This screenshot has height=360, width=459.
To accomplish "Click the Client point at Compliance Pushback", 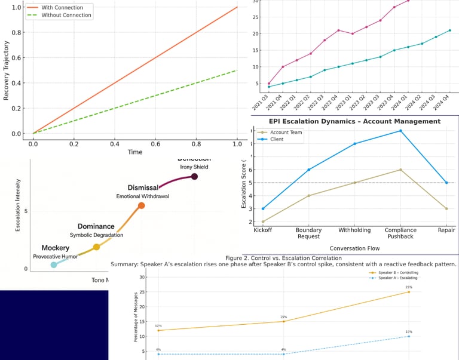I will click(400, 131).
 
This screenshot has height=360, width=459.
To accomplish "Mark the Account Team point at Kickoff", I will click(263, 221).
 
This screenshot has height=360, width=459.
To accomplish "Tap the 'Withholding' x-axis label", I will click(355, 230).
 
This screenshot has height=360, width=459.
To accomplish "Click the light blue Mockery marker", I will click(53, 264).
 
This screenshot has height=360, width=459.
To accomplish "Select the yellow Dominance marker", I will click(96, 247).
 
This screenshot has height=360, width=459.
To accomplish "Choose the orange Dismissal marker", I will click(141, 205).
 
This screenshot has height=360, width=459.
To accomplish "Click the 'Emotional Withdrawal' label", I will click(144, 196).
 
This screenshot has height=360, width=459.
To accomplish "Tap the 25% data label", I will click(409, 287).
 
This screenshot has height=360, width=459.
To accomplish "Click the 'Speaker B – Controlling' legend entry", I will click(396, 272).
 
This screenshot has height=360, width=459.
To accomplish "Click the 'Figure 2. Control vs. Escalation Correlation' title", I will click(283, 258).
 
